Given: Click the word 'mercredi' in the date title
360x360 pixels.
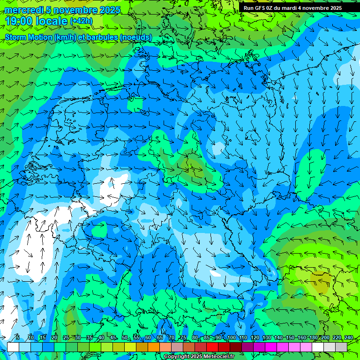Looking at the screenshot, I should pos(22,10).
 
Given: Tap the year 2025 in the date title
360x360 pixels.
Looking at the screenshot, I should pos(110,10).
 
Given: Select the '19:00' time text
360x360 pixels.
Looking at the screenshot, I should pos(17,21).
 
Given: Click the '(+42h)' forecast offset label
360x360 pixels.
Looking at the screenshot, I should pos(82,21).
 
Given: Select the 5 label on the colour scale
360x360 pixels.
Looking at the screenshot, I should pos(18,337).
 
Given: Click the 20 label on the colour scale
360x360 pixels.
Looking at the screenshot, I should pos(54,337).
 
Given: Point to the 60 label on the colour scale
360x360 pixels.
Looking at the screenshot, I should pos(148,337).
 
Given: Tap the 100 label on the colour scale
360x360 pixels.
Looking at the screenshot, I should pos(231,337).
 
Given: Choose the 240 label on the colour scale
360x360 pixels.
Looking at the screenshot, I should pos(348,337).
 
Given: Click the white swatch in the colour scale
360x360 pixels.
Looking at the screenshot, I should pos(13,347).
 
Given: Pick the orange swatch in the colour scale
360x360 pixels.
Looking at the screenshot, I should pos(154,347).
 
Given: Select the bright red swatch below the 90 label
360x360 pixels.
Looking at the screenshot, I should pos(212,347).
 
